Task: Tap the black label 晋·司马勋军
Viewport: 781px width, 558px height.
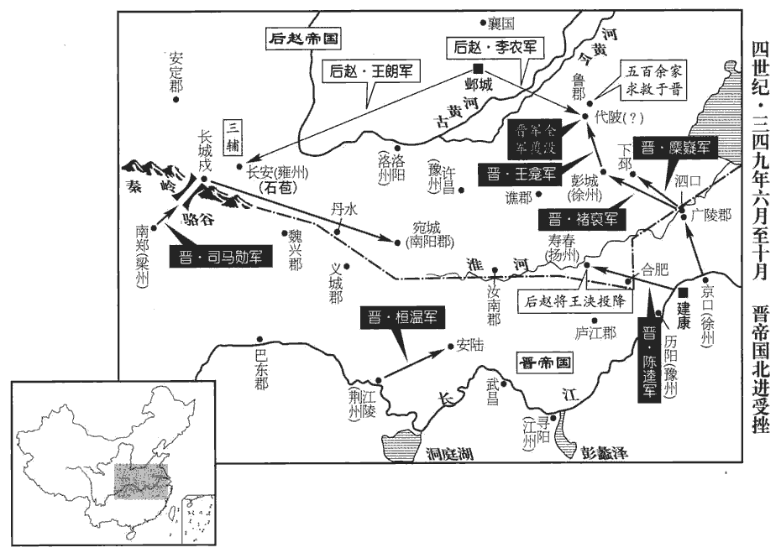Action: [221, 256]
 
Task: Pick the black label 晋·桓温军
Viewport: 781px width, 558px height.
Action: [401, 318]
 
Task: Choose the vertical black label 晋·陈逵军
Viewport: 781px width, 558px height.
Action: [650, 360]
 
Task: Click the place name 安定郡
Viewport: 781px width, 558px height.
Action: [176, 74]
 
